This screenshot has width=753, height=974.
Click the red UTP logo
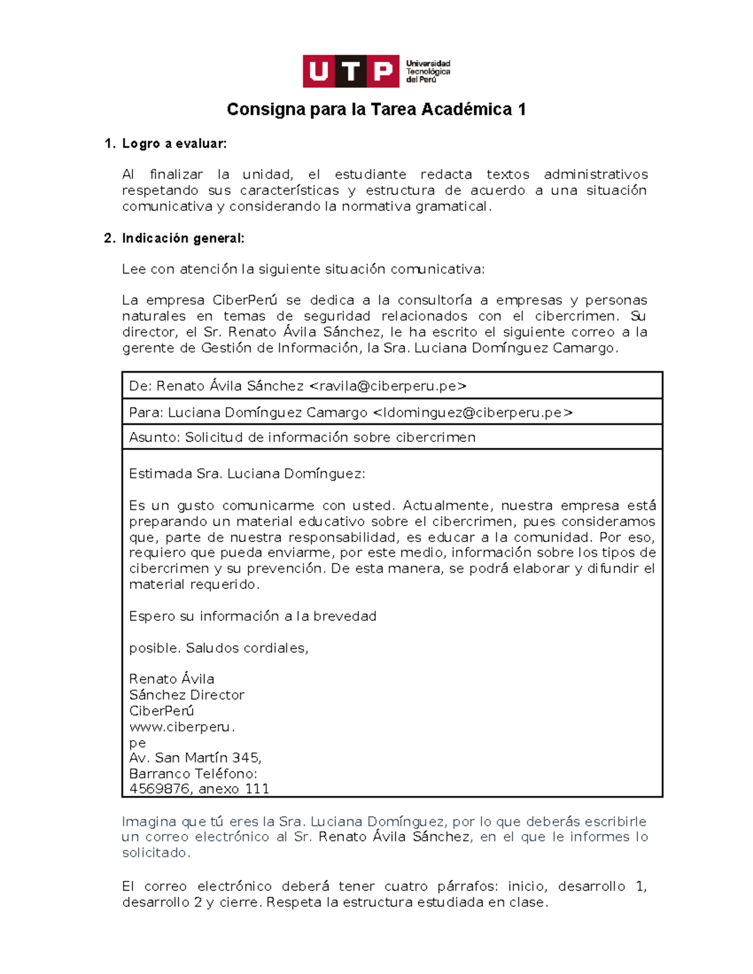350,71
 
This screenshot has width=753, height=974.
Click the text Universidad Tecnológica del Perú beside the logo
428,71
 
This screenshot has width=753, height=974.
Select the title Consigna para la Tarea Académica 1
376,110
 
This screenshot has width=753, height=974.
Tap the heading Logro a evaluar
174,144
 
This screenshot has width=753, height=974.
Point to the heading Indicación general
183,238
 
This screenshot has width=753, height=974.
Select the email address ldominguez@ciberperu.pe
473,413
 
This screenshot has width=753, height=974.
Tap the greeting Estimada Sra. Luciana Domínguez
247,474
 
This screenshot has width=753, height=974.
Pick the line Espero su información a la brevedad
252,617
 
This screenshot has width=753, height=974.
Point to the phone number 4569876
159,789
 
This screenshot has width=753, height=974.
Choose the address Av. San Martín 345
195,758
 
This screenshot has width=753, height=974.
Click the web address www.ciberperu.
181,727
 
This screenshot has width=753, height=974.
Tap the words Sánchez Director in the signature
186,695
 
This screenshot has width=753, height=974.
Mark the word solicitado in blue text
155,853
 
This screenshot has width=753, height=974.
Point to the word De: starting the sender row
140,386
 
